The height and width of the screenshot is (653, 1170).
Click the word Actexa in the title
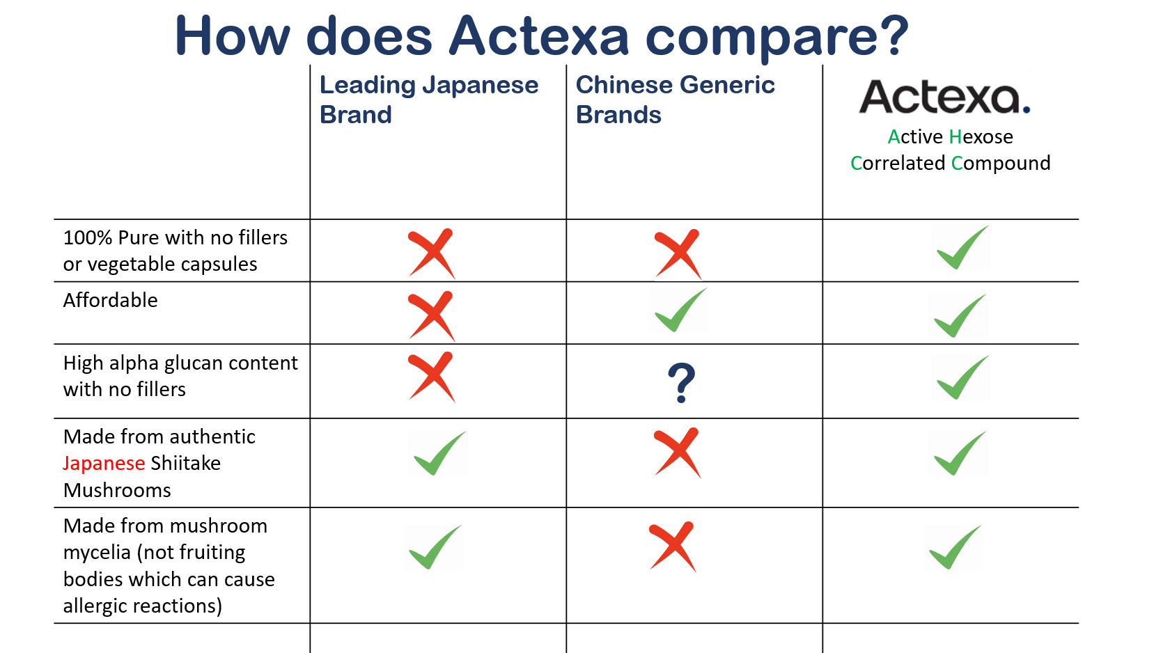point(538,36)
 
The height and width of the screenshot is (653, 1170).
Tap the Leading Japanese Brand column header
point(429,99)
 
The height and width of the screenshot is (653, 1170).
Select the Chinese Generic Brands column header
point(675,99)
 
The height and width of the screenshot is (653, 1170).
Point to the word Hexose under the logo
point(981,136)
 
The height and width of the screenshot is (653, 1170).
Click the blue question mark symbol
point(682,383)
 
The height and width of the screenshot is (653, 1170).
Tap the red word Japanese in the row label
point(104,464)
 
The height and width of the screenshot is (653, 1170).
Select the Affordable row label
point(110,300)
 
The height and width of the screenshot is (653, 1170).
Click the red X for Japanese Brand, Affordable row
point(432,316)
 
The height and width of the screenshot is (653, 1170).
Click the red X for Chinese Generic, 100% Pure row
point(678,254)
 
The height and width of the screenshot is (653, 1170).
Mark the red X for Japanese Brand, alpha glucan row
point(432,377)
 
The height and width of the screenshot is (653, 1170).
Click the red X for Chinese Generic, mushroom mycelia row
point(673,546)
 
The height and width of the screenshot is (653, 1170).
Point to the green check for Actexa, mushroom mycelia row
point(955,547)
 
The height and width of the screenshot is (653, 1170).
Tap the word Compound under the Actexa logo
point(1001,164)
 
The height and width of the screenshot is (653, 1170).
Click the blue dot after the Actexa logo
point(1027,109)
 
